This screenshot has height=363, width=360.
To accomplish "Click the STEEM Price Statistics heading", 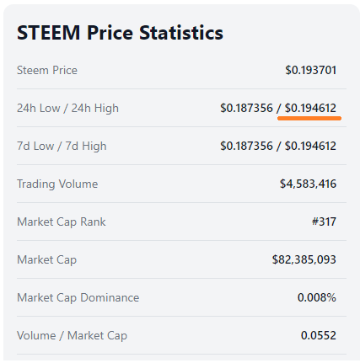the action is pos(120,33).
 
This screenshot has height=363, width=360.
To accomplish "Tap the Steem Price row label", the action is pos(47,70).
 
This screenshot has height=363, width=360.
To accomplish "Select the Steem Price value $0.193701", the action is pos(311,70).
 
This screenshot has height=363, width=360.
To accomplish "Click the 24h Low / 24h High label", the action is pos(67,109).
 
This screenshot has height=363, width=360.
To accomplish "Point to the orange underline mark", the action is pos(309,119).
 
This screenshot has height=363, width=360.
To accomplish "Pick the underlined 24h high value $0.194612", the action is pos(310,108).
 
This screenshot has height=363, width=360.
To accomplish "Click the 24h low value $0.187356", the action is pos(246,108).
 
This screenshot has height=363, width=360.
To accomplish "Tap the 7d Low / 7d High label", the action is pos(62,147).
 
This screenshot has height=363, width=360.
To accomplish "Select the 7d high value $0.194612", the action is pos(310,146).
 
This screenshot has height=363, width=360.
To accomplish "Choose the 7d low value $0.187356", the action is pos(246,146).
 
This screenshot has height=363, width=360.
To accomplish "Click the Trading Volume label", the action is pos(57,184).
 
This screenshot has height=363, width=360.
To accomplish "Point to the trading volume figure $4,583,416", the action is pos(308,184).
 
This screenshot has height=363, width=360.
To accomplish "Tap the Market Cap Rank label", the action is pos(62,222).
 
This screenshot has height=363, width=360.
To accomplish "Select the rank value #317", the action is pos(324,222).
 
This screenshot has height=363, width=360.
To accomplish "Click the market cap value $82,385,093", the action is pos(304,259).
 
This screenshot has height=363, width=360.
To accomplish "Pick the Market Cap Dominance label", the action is pos(78,297).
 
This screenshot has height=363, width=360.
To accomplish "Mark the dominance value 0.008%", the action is pos(317,297).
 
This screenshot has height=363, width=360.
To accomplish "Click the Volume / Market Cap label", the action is pos(72,336).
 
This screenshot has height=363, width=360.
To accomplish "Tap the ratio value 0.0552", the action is pos(319,335).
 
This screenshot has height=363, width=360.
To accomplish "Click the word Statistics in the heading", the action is pos(181,33).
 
